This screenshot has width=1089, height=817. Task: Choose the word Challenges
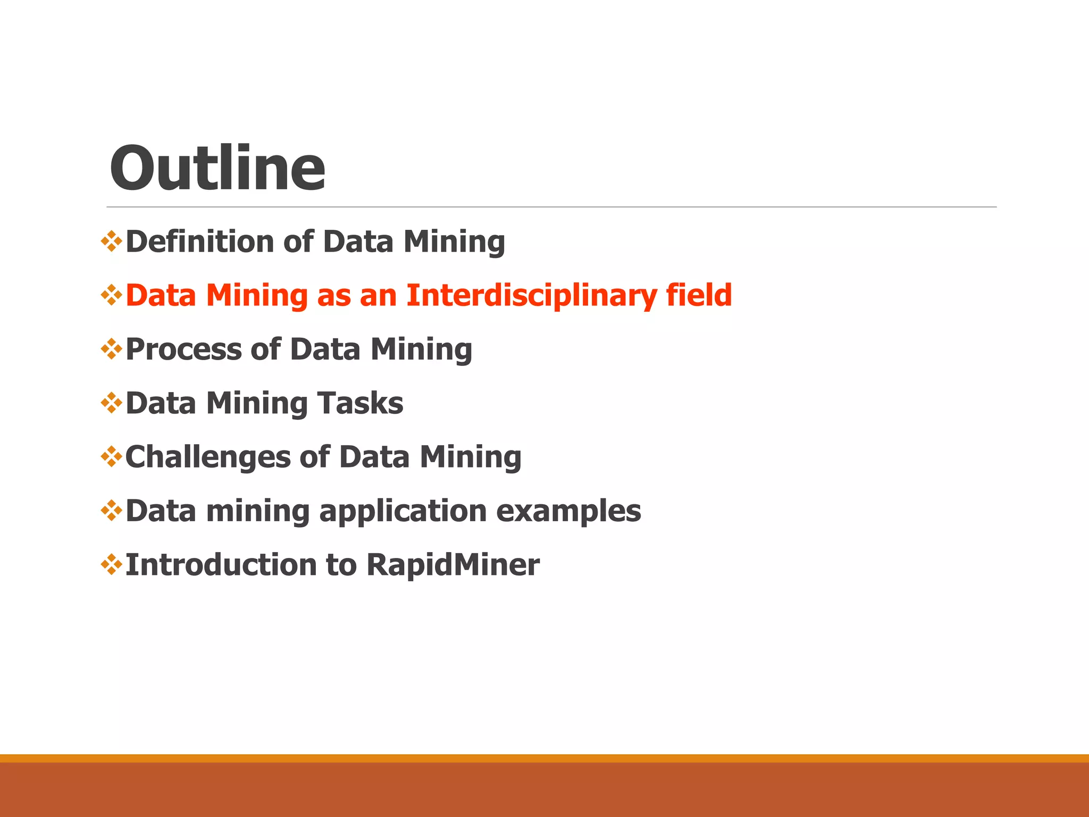pyautogui.click(x=207, y=457)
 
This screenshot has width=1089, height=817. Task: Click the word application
pyautogui.click(x=403, y=511)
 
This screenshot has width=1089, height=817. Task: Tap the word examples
pyautogui.click(x=568, y=512)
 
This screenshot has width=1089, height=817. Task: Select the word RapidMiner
pyautogui.click(x=453, y=565)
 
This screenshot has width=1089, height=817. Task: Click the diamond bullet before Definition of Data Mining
pyautogui.click(x=111, y=241)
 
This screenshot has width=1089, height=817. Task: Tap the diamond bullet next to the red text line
pyautogui.click(x=111, y=295)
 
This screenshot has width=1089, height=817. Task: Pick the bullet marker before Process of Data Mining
pyautogui.click(x=111, y=349)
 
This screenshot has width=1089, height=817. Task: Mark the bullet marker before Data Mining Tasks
pyautogui.click(x=111, y=403)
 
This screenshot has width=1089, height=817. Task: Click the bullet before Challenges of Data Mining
pyautogui.click(x=111, y=457)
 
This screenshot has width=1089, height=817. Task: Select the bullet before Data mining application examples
pyautogui.click(x=111, y=511)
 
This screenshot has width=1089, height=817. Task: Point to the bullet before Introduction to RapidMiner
pyautogui.click(x=111, y=564)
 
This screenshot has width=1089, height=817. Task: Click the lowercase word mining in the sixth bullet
pyautogui.click(x=257, y=512)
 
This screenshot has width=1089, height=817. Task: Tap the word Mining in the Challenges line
pyautogui.click(x=470, y=457)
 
